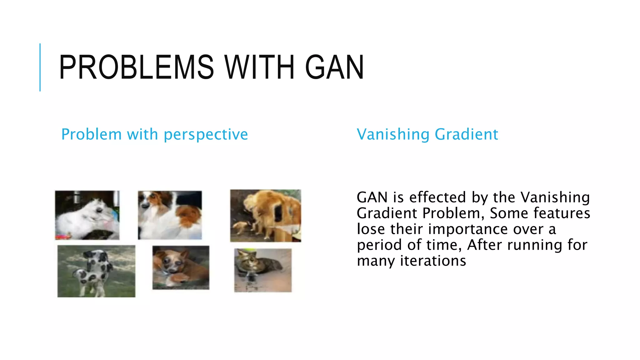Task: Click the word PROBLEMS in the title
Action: [x=136, y=67]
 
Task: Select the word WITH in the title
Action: [x=259, y=67]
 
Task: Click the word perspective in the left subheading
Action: [x=206, y=135]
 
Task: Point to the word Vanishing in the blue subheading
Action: [x=393, y=135]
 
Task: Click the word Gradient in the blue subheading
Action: [x=466, y=135]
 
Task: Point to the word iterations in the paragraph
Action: [x=433, y=261]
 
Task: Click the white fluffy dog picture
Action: [x=87, y=215]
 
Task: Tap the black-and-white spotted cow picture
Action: [x=96, y=271]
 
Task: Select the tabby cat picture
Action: [x=263, y=270]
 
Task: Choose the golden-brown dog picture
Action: [x=266, y=216]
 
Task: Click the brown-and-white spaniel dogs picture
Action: [x=170, y=215]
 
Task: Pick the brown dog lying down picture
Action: [x=181, y=267]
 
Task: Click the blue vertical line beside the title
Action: [x=40, y=67]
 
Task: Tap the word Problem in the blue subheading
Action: [x=91, y=135]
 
